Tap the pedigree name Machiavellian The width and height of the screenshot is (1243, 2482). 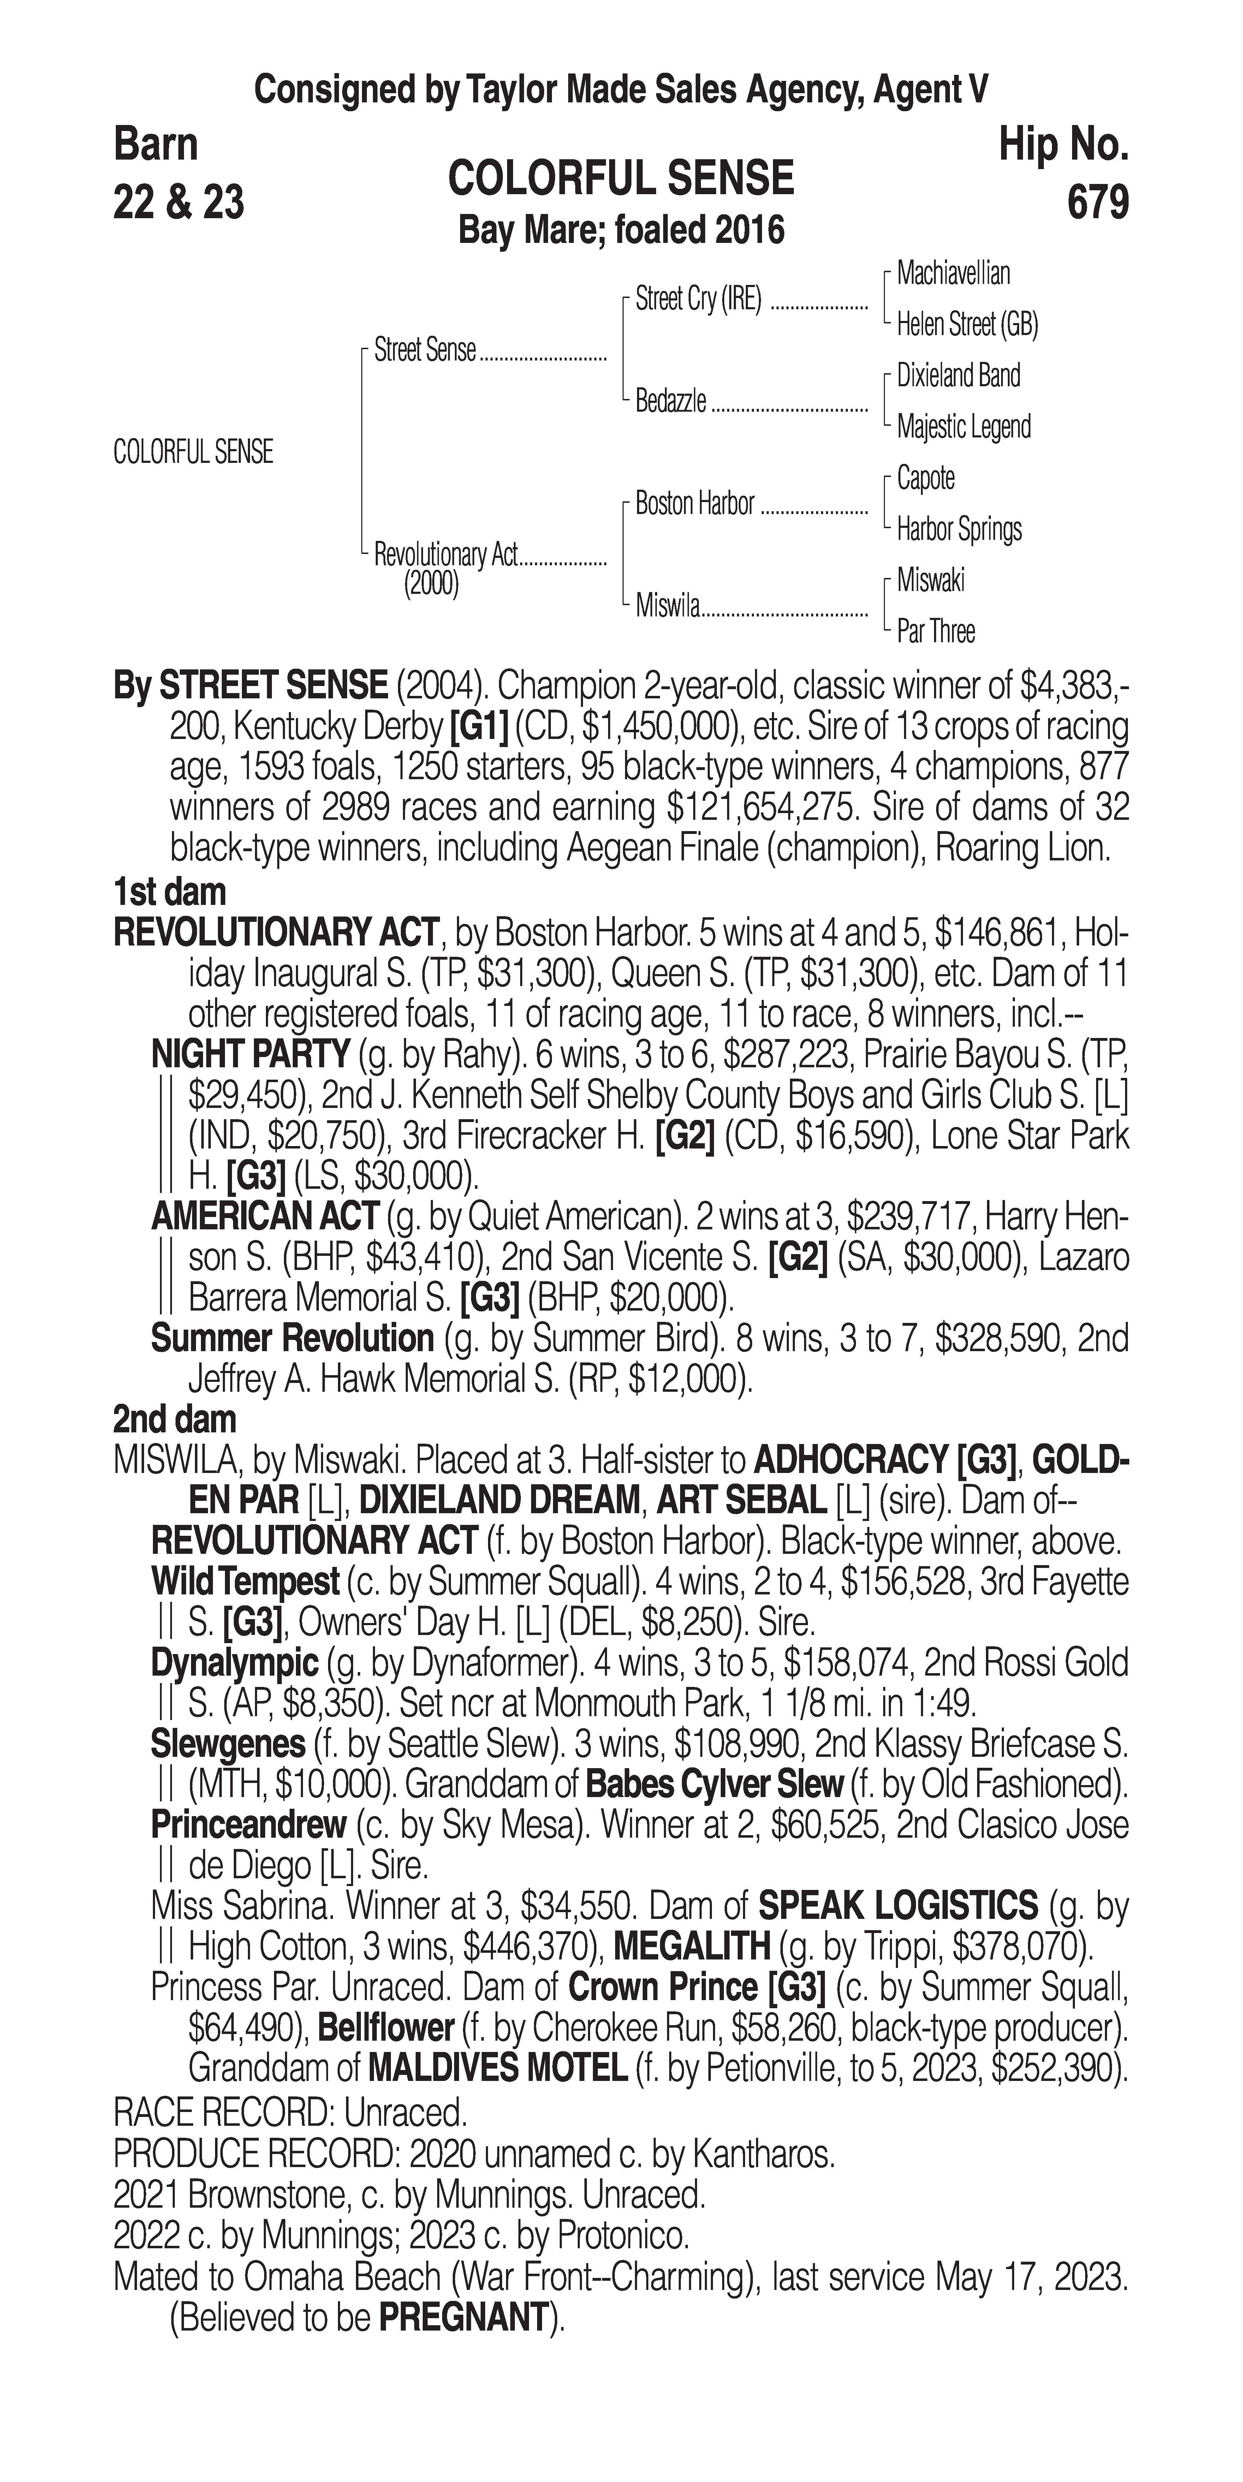(x=953, y=274)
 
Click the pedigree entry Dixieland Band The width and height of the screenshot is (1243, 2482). (x=958, y=376)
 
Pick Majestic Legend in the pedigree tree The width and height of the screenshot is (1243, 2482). (x=964, y=427)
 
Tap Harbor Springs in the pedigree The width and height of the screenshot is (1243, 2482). (x=959, y=529)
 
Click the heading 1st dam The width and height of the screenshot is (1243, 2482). (x=169, y=892)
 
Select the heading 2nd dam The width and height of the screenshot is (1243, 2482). (x=174, y=1419)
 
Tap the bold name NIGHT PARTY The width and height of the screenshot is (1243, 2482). (x=250, y=1054)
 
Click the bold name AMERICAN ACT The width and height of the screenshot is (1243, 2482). (x=264, y=1217)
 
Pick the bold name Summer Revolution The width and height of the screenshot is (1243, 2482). (x=292, y=1338)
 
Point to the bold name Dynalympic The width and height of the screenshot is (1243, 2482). (x=234, y=1663)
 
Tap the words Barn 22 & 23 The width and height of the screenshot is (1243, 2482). (x=178, y=173)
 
